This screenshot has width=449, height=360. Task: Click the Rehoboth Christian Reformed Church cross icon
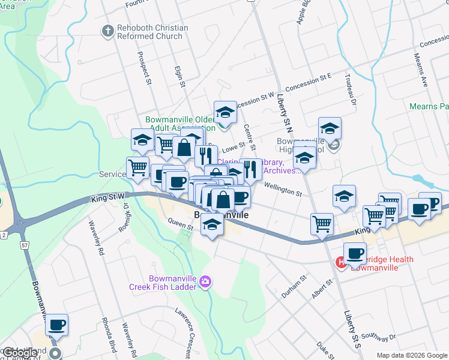(x=108, y=32)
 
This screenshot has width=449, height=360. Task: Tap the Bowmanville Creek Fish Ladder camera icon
(x=206, y=281)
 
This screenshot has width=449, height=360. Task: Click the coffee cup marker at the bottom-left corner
(x=56, y=326)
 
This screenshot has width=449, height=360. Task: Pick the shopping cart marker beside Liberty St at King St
(x=322, y=224)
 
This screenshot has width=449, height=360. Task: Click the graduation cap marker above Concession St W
(x=225, y=113)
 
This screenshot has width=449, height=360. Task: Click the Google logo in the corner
(x=20, y=353)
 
